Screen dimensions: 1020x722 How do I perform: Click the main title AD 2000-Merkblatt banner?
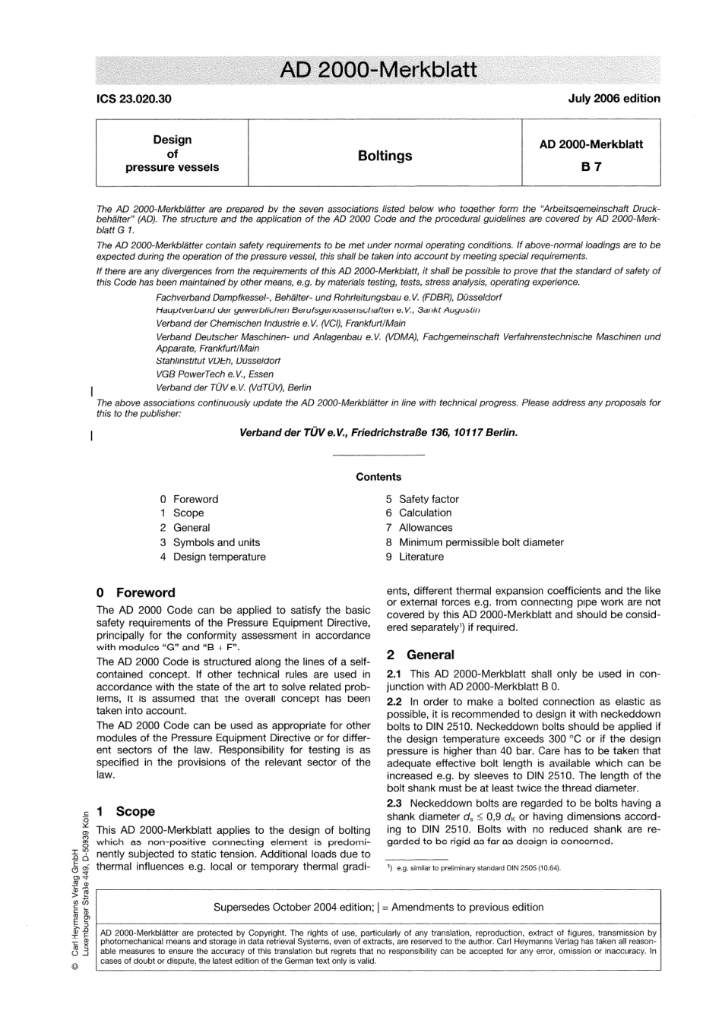pyautogui.click(x=378, y=70)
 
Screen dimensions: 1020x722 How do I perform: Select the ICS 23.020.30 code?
pyautogui.click(x=134, y=99)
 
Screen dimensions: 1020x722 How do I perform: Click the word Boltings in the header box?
pyautogui.click(x=385, y=156)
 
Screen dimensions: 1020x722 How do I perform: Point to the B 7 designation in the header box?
pyautogui.click(x=591, y=167)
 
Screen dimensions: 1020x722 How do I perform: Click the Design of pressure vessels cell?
pyautogui.click(x=173, y=153)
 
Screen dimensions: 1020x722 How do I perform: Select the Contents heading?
pyautogui.click(x=378, y=477)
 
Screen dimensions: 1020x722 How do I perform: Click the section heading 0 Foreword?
pyautogui.click(x=136, y=592)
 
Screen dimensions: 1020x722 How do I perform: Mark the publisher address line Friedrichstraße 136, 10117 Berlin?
pyautogui.click(x=378, y=433)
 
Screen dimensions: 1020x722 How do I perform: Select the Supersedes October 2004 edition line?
pyautogui.click(x=378, y=907)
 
